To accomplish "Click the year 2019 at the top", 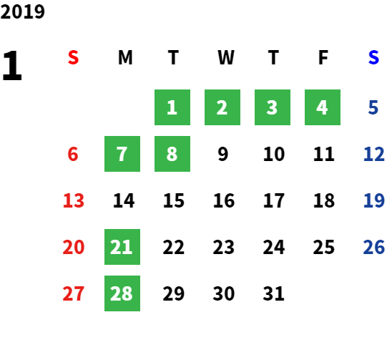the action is tap(22, 11).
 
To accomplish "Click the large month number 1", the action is tap(12, 65).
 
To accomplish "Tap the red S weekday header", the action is tap(73, 57).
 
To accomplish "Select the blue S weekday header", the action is tap(373, 57).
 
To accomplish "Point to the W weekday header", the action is tap(226, 57).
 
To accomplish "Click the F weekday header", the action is tap(323, 57).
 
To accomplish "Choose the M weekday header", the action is tap(125, 57).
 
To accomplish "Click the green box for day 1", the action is tap(172, 107).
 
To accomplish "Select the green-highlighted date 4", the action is tap(323, 107).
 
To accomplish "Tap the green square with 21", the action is tap(122, 247).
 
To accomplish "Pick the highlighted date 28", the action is tap(122, 293).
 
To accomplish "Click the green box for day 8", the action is tap(172, 154).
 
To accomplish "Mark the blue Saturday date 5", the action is tap(373, 107).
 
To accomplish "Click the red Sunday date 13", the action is tap(74, 200).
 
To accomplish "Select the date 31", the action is tap(273, 293).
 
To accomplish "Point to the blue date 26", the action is tap(373, 247).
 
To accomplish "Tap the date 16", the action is tap(224, 200).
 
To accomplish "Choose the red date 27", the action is tap(74, 293).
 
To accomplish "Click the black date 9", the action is tap(223, 154).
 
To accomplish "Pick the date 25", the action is tap(324, 247).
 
